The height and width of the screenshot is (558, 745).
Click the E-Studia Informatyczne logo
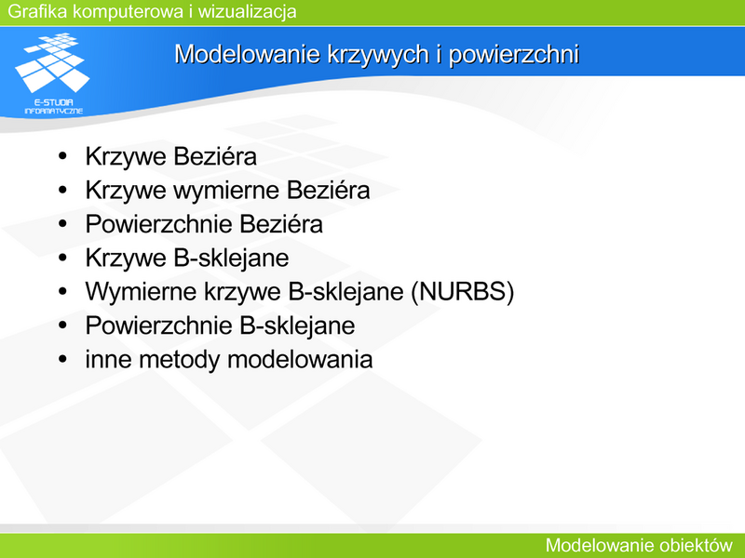coord(52,73)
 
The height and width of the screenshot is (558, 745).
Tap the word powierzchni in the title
coord(514,55)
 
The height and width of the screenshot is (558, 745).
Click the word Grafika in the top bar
coord(37,11)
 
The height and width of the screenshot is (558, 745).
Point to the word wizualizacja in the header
coord(247,11)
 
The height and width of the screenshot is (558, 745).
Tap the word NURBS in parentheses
coord(462,291)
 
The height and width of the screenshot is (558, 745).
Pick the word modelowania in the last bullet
coord(300,359)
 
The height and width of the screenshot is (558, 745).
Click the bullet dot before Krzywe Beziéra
coord(62,156)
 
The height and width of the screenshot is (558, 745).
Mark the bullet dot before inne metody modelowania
coord(62,359)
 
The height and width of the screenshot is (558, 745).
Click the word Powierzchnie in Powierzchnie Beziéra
coord(158,224)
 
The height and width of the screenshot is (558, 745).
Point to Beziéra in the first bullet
coord(213,156)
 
